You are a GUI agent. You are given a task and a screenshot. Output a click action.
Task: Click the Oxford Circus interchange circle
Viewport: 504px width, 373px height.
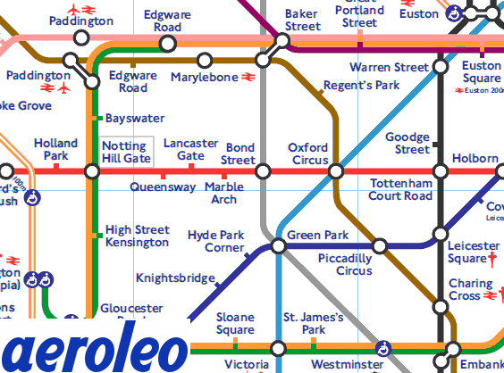tap(336, 170)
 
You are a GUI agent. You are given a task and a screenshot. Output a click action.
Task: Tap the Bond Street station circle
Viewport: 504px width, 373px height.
tap(263, 170)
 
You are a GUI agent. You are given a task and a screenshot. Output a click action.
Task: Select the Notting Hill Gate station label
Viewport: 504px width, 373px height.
tap(126, 152)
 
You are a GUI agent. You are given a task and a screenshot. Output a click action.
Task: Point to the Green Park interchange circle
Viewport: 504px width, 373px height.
tap(278, 245)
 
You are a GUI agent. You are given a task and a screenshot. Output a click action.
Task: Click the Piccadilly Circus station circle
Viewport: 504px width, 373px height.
tap(380, 245)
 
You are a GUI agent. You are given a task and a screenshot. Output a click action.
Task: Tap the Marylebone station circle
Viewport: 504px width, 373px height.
tap(205, 60)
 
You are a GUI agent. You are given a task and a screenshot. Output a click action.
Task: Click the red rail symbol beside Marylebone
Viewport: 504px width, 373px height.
tap(249, 78)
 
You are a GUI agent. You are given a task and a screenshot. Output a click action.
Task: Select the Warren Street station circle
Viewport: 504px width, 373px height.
tap(440, 67)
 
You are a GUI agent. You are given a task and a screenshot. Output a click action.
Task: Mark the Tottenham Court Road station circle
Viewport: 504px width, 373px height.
tap(440, 170)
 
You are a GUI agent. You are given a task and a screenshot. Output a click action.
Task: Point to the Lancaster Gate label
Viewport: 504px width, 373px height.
tap(190, 149)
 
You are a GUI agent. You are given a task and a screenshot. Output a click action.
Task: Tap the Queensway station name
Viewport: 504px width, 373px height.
tap(163, 187)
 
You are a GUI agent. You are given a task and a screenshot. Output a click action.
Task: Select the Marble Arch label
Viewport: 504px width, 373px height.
tap(223, 193)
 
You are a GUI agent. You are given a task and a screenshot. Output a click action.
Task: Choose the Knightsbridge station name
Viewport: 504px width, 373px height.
tap(175, 278)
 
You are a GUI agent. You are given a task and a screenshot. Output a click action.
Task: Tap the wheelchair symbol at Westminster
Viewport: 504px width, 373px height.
tap(385, 347)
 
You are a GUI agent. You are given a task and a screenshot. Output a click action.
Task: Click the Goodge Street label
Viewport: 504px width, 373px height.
tap(407, 143)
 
